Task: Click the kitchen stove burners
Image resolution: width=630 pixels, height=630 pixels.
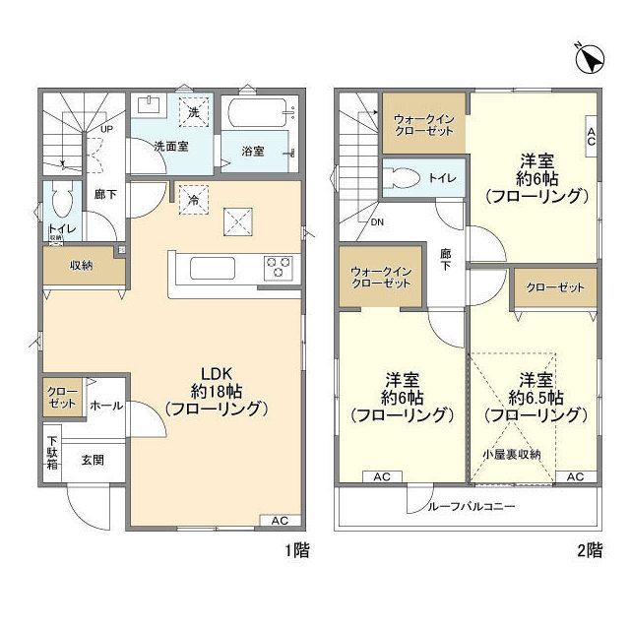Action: pyautogui.click(x=278, y=266)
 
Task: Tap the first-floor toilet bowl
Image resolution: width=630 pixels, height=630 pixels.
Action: pyautogui.click(x=61, y=204)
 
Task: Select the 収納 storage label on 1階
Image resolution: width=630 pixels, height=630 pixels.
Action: pyautogui.click(x=81, y=265)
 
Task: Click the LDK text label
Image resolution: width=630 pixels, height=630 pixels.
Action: pyautogui.click(x=216, y=373)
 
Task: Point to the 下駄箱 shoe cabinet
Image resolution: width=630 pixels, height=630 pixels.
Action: pyautogui.click(x=51, y=453)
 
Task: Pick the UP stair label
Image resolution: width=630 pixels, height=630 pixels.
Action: pyautogui.click(x=105, y=129)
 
